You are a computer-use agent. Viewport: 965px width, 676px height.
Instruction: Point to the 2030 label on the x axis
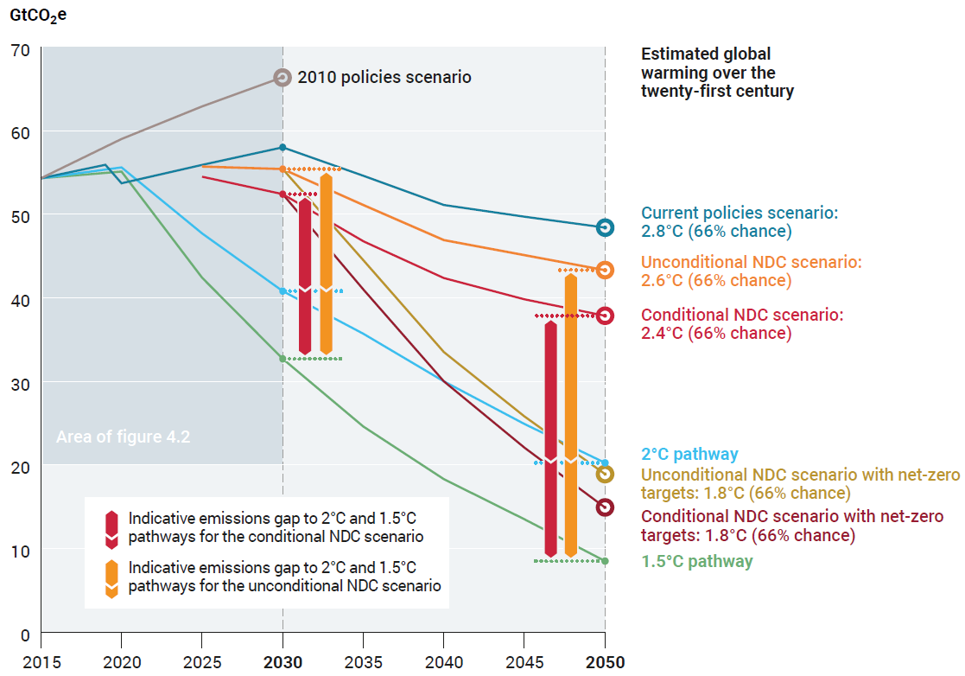point(283,662)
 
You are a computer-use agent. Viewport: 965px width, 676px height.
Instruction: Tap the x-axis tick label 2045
point(524,662)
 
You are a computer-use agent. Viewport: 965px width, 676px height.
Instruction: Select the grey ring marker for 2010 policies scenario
point(283,78)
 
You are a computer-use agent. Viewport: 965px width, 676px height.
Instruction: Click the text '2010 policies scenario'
point(384,78)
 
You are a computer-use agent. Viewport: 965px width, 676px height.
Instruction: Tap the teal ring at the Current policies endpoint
point(606,227)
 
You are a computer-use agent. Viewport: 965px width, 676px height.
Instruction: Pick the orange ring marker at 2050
point(606,270)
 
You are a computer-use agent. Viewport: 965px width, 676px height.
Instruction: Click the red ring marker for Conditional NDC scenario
point(606,316)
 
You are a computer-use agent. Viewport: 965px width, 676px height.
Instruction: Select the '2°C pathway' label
point(689,454)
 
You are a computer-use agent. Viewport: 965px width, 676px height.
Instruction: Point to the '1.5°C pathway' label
point(696,561)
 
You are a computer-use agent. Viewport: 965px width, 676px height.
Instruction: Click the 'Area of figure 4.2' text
point(123,437)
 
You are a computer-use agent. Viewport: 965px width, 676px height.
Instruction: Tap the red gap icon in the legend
point(111,528)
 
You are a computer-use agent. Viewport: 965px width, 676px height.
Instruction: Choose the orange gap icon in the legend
point(111,578)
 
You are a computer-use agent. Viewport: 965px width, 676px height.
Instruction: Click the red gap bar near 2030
point(305,275)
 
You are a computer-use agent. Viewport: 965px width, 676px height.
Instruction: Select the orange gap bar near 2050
point(571,415)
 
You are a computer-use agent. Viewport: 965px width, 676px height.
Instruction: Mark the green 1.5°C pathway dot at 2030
point(283,359)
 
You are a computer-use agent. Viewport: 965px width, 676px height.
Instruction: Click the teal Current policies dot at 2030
point(283,147)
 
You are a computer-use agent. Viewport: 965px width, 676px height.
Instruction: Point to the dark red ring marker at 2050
point(606,507)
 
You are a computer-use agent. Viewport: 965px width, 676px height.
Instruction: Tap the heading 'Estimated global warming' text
point(717,72)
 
